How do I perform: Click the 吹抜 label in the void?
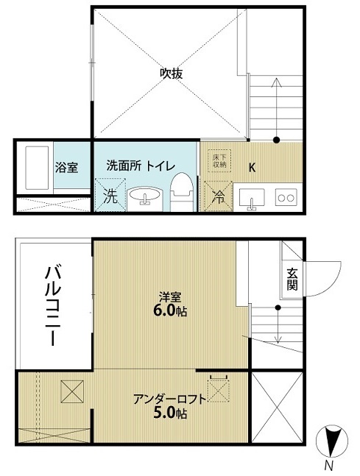click(x=172, y=74)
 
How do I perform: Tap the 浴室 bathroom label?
click(x=66, y=168)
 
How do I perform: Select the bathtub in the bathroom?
click(x=37, y=168)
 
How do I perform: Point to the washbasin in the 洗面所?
click(x=144, y=196)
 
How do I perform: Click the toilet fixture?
click(x=182, y=192)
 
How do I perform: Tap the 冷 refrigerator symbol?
click(x=219, y=196)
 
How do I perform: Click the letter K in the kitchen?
click(x=252, y=167)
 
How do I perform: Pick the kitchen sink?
click(x=252, y=198)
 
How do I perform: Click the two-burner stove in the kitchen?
click(x=286, y=197)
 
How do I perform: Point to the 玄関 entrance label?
click(x=292, y=280)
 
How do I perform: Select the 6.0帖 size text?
click(x=170, y=311)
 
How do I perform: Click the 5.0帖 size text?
click(x=170, y=413)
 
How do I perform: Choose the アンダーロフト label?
click(x=170, y=399)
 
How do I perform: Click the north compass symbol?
click(x=332, y=441)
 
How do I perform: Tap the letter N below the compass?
click(x=328, y=465)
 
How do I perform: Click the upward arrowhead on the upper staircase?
click(x=277, y=82)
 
